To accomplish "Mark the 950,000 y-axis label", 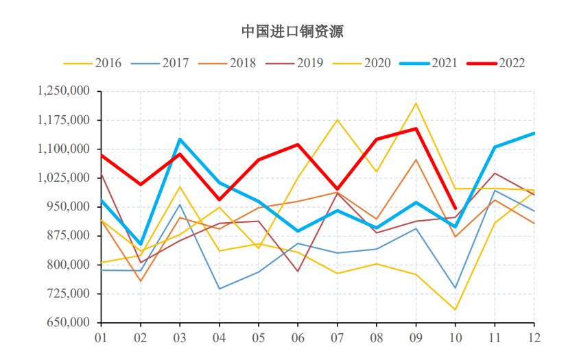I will tap(69, 207).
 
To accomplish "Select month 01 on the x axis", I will tap(101, 337).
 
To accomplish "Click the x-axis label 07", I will tap(337, 337).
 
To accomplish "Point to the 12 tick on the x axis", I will tap(534, 337).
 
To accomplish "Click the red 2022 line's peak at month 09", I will tap(416, 128).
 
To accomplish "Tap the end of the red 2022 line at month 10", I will tap(455, 208).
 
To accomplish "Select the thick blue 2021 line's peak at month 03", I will tap(180, 139).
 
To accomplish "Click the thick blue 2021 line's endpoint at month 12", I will tap(534, 133).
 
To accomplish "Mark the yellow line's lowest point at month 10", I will tap(455, 310).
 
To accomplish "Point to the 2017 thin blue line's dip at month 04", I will tap(219, 289).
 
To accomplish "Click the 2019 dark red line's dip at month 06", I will tap(298, 271).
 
